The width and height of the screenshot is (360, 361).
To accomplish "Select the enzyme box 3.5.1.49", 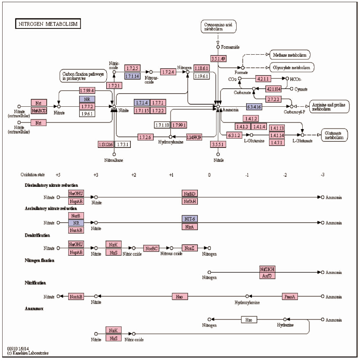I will point(218,58).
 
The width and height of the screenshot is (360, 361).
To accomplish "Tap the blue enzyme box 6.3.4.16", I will point(254,106).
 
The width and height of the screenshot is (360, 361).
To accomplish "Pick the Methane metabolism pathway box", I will point(290,55).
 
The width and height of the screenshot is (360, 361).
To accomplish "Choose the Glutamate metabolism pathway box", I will point(334,135).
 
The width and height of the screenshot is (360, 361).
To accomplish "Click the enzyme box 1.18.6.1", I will point(201,68).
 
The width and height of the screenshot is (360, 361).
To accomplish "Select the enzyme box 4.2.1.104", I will point(276,89).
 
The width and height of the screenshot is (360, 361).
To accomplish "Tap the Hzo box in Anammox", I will point(249,320).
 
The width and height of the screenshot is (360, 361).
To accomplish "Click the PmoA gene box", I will point(290,296).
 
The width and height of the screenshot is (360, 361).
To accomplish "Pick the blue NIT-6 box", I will point(189,219).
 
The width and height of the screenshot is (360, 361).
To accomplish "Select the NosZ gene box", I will point(189,248).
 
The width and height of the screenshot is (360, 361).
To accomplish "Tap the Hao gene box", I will point(179,296).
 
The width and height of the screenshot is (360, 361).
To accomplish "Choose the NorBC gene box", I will point(151,248).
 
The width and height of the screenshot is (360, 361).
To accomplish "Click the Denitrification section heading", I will point(37,235).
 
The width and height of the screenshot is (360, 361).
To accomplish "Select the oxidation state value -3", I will point(322,175).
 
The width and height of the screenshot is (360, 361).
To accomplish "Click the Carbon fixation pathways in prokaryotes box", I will point(83,76).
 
